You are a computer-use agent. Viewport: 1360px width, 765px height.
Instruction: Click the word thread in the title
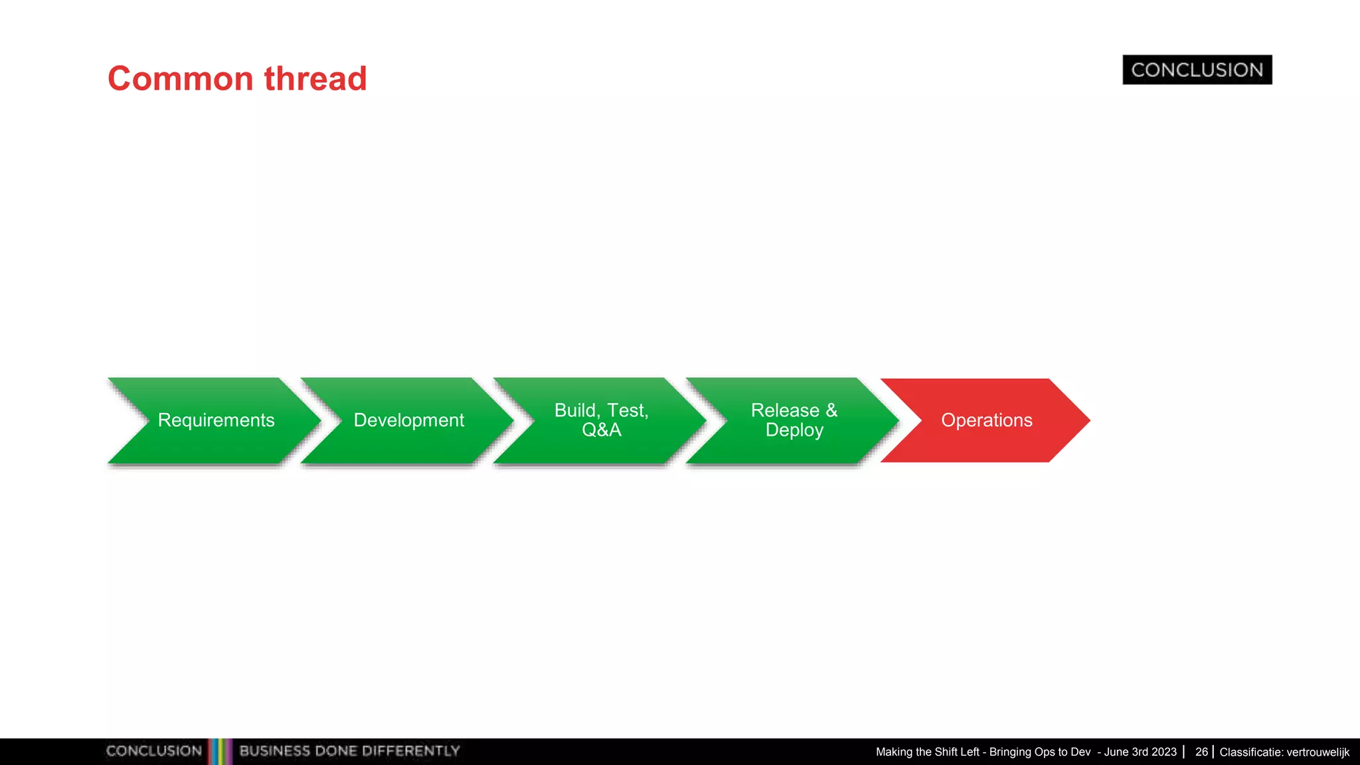315,79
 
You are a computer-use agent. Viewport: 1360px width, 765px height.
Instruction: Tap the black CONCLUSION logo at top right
1197,70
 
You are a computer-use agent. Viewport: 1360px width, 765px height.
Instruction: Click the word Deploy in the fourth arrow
794,430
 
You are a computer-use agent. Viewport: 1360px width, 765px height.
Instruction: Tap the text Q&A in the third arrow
602,430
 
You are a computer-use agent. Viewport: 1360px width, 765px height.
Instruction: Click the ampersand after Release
831,410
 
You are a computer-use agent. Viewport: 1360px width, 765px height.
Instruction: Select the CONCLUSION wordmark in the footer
154,751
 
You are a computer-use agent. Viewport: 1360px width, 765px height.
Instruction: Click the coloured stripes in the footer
220,751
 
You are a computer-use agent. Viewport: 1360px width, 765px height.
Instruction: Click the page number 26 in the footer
1201,752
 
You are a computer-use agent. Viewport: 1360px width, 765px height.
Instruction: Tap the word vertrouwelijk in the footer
1317,752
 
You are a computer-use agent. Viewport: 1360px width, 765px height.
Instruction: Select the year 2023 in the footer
1164,752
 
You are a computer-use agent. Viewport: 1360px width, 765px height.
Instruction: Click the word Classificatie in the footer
1250,752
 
